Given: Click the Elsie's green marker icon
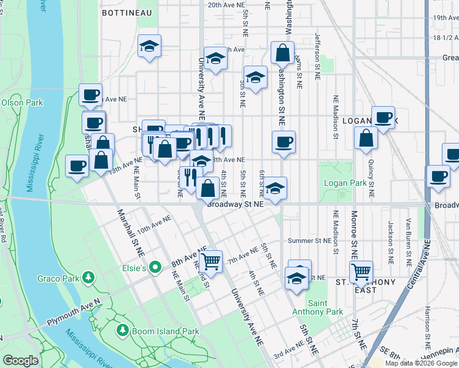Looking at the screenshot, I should [156, 267].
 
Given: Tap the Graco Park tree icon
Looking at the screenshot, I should [88, 278].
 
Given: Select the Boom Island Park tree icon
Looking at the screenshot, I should [123, 331].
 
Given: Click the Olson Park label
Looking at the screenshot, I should [22, 102].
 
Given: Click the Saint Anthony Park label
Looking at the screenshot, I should [325, 307].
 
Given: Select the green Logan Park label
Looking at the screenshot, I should [350, 182].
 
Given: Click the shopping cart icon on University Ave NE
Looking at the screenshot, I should [210, 261].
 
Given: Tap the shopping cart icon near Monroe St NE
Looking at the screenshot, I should [361, 270].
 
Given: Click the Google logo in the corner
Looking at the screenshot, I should [20, 361].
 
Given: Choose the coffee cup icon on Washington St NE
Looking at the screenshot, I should [283, 142].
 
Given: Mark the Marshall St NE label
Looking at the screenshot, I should [131, 232].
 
